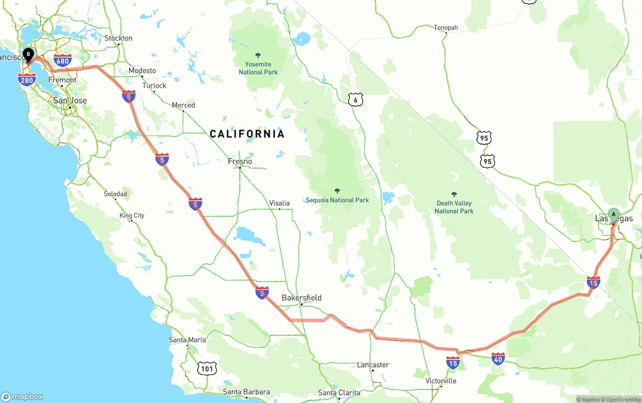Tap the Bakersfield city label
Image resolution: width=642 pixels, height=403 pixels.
tap(301, 298)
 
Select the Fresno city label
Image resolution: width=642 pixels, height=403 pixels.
tap(240, 162)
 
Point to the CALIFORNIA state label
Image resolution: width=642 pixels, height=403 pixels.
tap(247, 134)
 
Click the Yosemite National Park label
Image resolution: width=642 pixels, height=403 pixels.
tap(258, 68)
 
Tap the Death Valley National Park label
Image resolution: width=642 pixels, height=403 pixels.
tap(454, 207)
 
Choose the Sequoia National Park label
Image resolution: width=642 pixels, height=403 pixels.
tap(338, 200)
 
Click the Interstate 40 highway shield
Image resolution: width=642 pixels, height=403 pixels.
tap(498, 358)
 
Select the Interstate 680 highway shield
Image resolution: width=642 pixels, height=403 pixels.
tap(63, 61)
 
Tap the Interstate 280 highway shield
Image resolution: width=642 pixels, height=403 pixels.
tap(27, 79)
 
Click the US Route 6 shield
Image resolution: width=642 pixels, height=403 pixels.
tap(355, 100)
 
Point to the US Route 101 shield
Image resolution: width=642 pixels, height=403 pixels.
tap(207, 369)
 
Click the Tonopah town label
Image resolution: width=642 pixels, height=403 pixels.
tap(446, 28)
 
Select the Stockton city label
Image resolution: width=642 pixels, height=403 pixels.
tap(118, 38)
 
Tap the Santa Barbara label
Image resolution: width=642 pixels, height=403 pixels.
tap(246, 392)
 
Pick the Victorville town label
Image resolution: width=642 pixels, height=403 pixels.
tap(441, 381)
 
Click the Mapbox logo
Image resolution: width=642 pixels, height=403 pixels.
tap(22, 396)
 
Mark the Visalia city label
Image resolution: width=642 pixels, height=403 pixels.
tap(279, 203)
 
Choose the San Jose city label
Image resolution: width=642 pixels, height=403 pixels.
tap(70, 100)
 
